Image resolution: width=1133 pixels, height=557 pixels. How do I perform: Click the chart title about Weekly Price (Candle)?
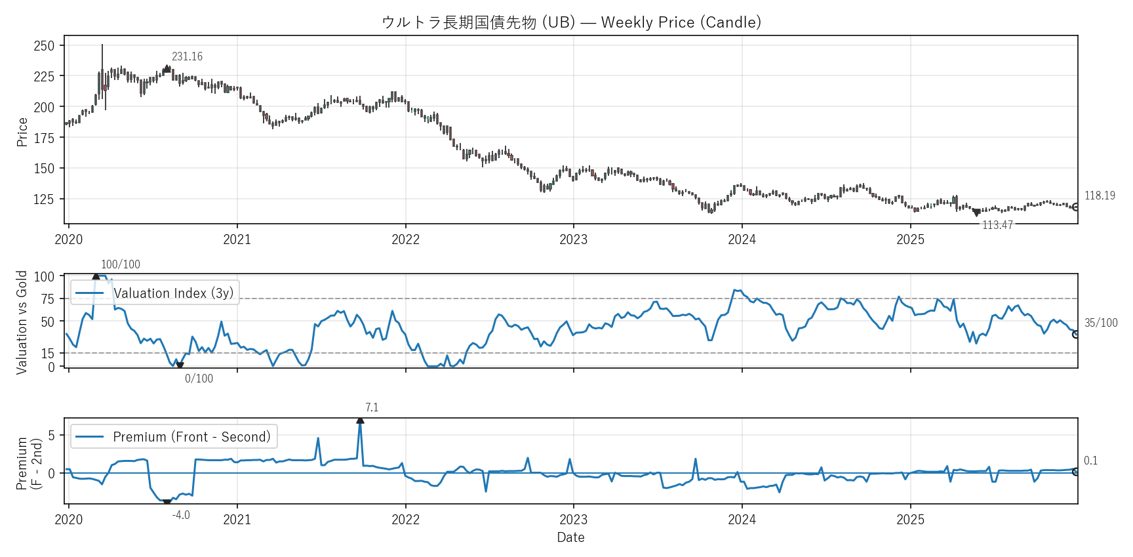571,22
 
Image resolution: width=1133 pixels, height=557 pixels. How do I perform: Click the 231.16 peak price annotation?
187,56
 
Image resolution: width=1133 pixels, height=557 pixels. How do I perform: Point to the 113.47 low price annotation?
997,225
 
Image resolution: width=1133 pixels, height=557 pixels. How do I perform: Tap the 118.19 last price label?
1100,196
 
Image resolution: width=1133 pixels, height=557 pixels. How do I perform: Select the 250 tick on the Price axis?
44,46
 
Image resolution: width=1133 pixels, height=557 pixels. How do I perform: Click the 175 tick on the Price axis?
44,138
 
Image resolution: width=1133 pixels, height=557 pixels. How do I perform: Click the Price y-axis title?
22,131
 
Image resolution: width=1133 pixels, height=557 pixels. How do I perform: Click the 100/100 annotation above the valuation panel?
121,264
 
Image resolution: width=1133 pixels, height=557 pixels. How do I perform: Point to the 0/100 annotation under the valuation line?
199,379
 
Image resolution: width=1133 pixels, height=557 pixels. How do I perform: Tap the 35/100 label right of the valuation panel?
1101,323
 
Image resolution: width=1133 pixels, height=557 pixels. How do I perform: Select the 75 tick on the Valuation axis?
48,299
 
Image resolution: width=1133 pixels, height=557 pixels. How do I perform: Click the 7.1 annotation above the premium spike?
372,407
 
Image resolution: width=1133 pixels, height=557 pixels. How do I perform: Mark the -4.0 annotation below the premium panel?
181,515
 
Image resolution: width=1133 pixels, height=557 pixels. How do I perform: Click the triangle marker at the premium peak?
360,420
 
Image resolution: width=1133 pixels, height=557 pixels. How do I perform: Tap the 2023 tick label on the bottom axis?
573,520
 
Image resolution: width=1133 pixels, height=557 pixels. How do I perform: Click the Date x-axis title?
570,537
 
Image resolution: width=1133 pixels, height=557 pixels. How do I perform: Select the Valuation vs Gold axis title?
22,322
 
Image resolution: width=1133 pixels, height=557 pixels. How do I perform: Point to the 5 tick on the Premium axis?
52,436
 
